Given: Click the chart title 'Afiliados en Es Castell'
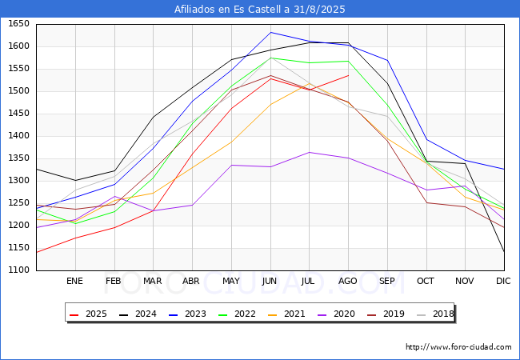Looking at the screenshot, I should tap(260, 9).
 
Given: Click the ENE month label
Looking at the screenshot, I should tap(74, 282).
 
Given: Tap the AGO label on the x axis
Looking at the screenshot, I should tap(348, 282).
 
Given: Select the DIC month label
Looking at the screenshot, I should tap(503, 282).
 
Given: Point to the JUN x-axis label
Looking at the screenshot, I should tap(270, 282).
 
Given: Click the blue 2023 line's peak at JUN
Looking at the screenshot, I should tap(270, 32).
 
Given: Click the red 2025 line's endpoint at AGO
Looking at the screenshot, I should tap(348, 75).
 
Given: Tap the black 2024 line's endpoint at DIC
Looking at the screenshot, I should tap(504, 252).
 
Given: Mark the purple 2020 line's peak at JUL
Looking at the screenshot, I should tap(309, 152).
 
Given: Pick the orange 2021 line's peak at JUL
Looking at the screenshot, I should tap(309, 83).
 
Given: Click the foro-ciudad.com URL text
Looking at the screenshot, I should tap(458, 347).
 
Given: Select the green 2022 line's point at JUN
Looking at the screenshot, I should tap(270, 58).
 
